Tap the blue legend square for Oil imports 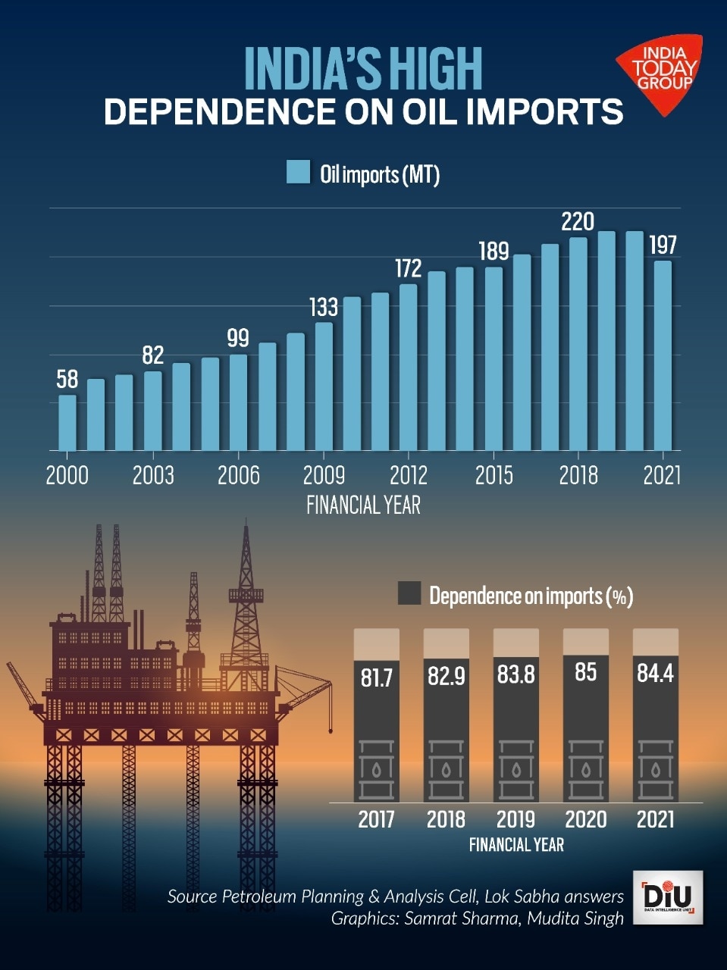(298, 173)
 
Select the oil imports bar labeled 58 (67, 423)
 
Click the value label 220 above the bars (577, 222)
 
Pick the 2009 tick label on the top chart (324, 475)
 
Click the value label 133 (324, 307)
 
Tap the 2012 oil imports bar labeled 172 (409, 367)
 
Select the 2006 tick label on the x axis (238, 475)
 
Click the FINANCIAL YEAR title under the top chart (363, 505)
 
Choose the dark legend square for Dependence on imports (409, 593)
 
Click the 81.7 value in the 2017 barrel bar (377, 677)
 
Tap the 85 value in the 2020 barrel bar (585, 672)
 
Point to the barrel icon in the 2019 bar (516, 769)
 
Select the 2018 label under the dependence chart (446, 819)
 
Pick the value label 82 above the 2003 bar (153, 355)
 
